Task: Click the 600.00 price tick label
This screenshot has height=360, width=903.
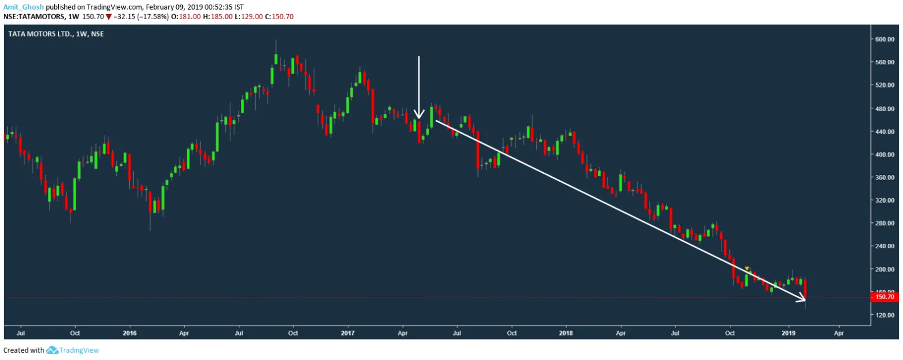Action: coord(884,39)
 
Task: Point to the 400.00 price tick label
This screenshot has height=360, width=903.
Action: coord(884,155)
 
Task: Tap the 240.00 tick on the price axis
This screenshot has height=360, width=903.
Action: coord(884,247)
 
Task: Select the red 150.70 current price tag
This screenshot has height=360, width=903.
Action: coord(884,297)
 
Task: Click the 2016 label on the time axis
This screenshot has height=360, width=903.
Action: coord(130,333)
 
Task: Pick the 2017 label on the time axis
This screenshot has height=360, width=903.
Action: coord(348,333)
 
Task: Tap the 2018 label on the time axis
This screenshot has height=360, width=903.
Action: coord(566,333)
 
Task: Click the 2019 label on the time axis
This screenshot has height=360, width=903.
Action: coord(788,333)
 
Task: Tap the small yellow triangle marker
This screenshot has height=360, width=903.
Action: coord(747,269)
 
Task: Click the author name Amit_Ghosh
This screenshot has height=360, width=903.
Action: coord(23,7)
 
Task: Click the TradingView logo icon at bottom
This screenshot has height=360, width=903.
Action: coord(52,350)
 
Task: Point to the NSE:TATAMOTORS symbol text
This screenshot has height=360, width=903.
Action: coord(34,17)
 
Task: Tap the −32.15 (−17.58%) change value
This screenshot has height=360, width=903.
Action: coord(141,17)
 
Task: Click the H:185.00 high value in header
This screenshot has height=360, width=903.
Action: coord(221,17)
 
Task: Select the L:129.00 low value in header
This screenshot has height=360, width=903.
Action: coord(252,17)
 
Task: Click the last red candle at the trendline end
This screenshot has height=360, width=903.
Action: coord(805,288)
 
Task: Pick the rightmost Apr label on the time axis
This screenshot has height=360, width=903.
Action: coord(839,333)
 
